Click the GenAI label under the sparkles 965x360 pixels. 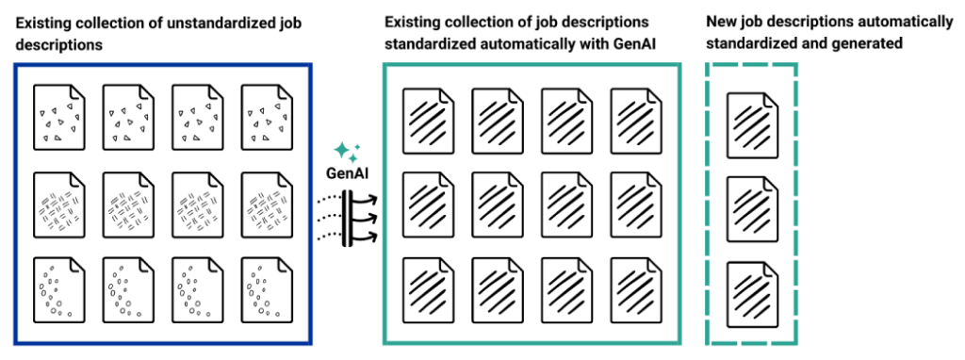click(347, 174)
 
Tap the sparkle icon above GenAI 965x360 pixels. click(347, 153)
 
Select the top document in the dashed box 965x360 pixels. click(752, 124)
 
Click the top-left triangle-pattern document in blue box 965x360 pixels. click(58, 117)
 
